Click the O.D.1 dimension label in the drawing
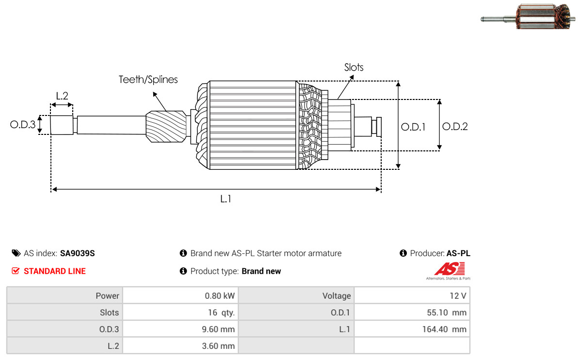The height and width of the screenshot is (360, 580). pyautogui.click(x=413, y=127)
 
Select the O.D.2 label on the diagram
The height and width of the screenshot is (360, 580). pyautogui.click(x=455, y=127)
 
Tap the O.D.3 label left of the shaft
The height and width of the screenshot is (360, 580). pyautogui.click(x=23, y=124)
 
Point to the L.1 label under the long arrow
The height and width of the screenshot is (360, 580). pyautogui.click(x=226, y=199)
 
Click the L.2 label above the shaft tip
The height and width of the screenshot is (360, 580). pyautogui.click(x=62, y=96)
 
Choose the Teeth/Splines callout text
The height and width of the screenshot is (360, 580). pyautogui.click(x=148, y=80)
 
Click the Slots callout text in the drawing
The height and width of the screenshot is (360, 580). pyautogui.click(x=354, y=67)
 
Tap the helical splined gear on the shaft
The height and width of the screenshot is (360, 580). pyautogui.click(x=166, y=127)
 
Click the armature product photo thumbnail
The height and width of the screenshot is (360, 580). pyautogui.click(x=528, y=16)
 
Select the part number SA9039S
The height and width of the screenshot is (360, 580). pyautogui.click(x=77, y=253)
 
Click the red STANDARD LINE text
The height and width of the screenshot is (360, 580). pyautogui.click(x=55, y=271)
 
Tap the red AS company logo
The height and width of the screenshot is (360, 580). pyautogui.click(x=449, y=270)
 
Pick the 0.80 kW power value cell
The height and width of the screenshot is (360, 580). pyautogui.click(x=220, y=296)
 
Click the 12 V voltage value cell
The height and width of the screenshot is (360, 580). pyautogui.click(x=458, y=296)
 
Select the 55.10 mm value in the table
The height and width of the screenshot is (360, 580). pyautogui.click(x=447, y=312)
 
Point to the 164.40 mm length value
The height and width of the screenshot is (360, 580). pyautogui.click(x=444, y=329)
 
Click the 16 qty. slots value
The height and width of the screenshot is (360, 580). pyautogui.click(x=221, y=312)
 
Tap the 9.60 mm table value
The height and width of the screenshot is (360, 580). pyautogui.click(x=218, y=329)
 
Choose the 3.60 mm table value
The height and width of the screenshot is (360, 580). pyautogui.click(x=218, y=346)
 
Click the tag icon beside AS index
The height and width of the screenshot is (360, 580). pyautogui.click(x=16, y=253)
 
